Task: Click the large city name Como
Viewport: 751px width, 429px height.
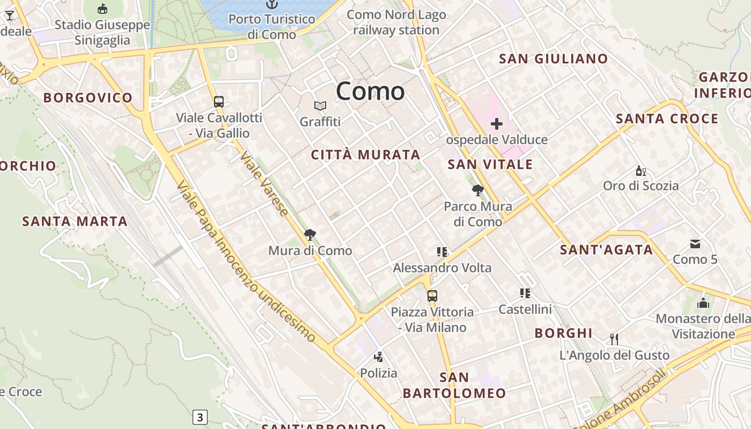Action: (370, 91)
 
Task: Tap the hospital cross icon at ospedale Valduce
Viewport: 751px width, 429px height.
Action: (497, 124)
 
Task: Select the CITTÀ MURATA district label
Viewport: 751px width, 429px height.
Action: (366, 155)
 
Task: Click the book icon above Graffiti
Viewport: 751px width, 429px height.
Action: (320, 106)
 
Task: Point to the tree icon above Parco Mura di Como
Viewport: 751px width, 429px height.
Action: (477, 190)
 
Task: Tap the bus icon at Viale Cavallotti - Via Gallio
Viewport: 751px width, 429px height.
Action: (219, 102)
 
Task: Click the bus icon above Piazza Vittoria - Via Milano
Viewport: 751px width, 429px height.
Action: (432, 295)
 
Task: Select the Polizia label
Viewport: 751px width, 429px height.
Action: (379, 373)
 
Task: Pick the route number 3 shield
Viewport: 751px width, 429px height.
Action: (200, 417)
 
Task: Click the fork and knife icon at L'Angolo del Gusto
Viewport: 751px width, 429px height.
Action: (614, 339)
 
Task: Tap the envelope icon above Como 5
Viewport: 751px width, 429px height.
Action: (695, 244)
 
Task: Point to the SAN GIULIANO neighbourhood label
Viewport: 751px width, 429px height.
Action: (554, 59)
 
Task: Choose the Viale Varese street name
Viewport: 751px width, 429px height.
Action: (264, 183)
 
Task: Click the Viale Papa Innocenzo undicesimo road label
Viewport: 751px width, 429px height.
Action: (247, 261)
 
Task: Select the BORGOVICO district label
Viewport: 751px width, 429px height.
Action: (88, 98)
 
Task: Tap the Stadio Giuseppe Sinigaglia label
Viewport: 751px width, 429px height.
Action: (102, 33)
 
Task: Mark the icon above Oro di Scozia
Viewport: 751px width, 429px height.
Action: (640, 171)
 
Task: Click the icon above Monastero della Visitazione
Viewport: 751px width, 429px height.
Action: (703, 303)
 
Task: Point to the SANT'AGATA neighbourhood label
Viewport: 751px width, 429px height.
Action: (607, 249)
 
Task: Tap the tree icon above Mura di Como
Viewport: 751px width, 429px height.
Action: (310, 234)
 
